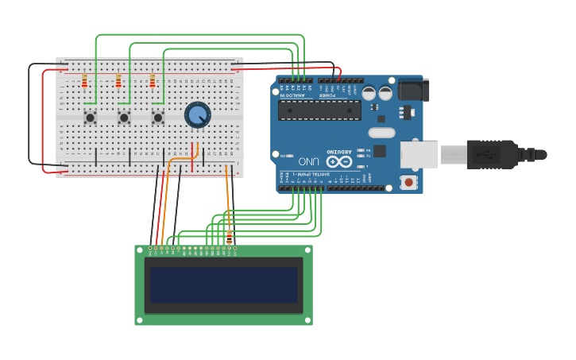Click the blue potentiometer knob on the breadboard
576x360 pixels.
[197, 115]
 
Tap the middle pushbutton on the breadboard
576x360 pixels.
[124, 118]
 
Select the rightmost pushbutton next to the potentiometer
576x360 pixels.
[157, 118]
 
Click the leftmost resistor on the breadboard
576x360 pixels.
[85, 81]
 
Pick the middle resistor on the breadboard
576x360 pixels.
[118, 81]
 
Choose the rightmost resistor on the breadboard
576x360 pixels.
[153, 81]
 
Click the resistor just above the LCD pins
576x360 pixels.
[230, 236]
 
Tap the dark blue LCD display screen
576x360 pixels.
[223, 285]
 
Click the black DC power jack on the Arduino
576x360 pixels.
[413, 89]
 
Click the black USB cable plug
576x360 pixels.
[492, 153]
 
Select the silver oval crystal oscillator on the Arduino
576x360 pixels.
[381, 133]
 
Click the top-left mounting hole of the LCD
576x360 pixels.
[140, 250]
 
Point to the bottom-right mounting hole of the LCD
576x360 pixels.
[307, 319]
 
